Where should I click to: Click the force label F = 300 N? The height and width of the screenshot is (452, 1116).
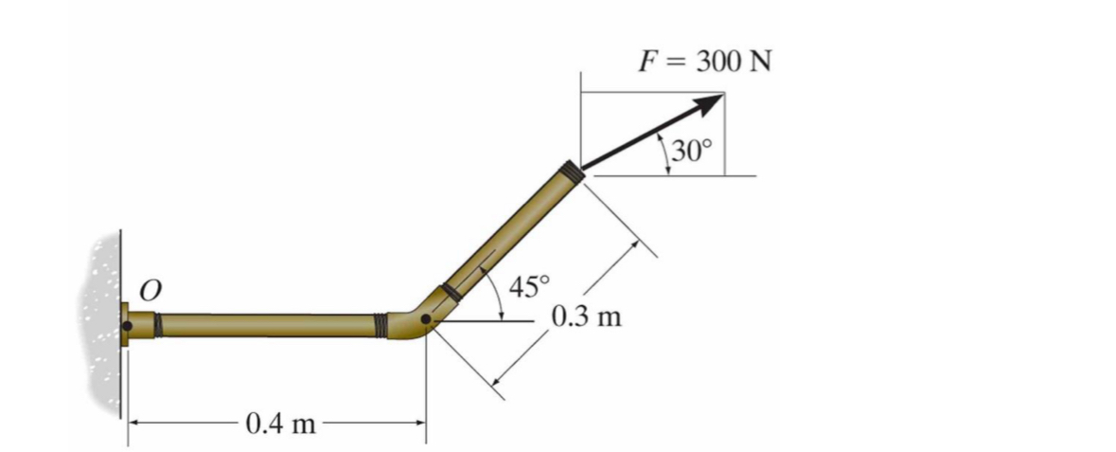pyautogui.click(x=704, y=63)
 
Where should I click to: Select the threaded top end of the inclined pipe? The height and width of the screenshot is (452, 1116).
pyautogui.click(x=571, y=172)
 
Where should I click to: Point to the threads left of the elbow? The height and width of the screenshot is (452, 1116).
pyautogui.click(x=381, y=325)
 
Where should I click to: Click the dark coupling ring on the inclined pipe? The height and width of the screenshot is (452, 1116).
pyautogui.click(x=452, y=292)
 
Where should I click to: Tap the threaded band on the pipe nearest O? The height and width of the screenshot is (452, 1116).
pyautogui.click(x=158, y=325)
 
